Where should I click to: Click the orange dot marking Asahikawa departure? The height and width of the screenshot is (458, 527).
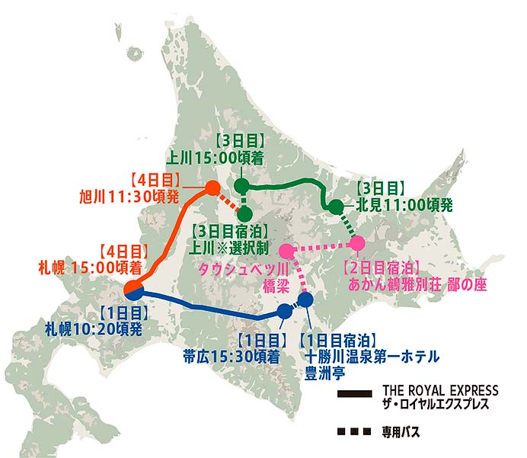coord(213,188)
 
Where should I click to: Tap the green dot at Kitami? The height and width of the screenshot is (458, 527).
coord(335,207)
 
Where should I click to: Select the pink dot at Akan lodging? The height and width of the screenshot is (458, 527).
coord(357,243)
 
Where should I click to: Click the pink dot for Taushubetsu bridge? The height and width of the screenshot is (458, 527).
coord(287,251)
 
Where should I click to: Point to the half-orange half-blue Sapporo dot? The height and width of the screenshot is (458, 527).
coord(133,290)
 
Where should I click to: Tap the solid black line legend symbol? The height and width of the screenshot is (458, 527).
coord(354,396)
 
